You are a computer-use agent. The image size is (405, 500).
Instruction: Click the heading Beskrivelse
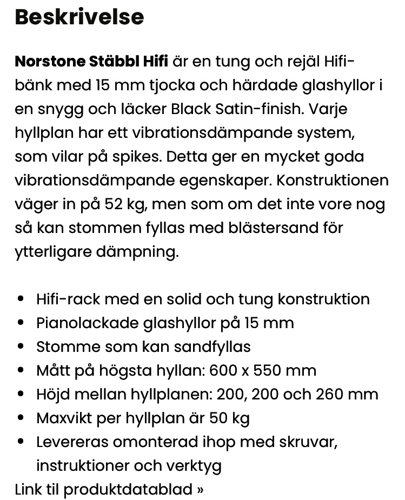click(79, 17)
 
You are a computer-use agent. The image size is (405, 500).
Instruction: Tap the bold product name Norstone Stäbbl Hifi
click(91, 61)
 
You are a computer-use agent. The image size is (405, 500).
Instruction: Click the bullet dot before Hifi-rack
click(21, 299)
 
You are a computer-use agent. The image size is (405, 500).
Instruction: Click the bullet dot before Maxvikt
click(21, 418)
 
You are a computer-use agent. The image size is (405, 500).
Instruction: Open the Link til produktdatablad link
click(109, 489)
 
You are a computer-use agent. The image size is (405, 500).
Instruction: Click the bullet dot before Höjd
click(21, 395)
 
